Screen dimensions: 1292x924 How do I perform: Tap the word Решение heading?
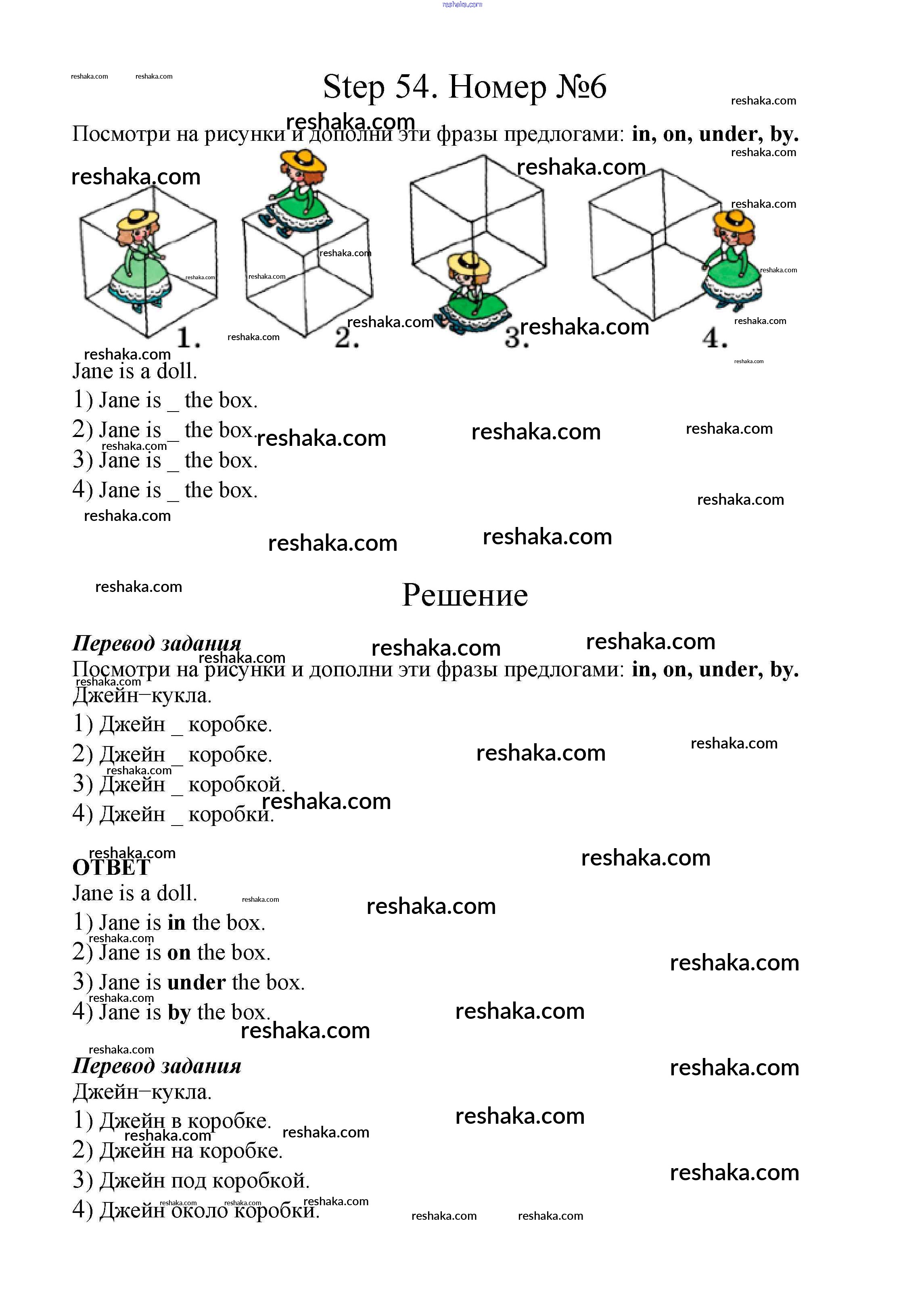tap(465, 596)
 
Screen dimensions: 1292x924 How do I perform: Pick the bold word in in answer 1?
tap(176, 923)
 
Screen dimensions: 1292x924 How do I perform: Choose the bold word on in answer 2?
tap(179, 952)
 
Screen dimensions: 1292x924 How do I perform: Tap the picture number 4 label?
tap(715, 338)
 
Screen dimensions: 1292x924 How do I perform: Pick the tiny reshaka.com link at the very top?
tap(462, 4)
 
